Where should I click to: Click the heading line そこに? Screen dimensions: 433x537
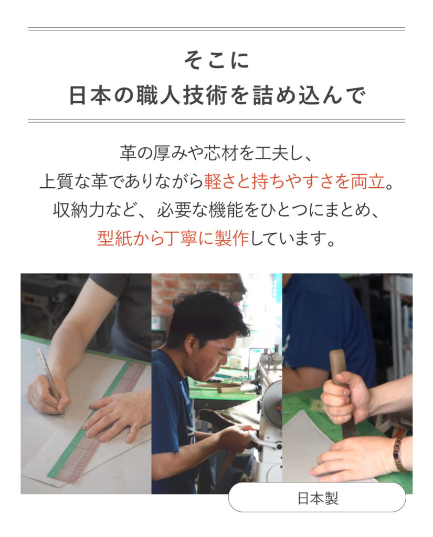(x=216, y=61)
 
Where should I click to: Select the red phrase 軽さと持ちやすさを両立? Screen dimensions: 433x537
(x=294, y=181)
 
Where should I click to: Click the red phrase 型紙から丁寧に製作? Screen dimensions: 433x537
(x=173, y=238)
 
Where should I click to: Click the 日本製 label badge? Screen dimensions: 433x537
(x=317, y=498)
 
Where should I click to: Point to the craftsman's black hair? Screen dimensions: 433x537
(x=209, y=315)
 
